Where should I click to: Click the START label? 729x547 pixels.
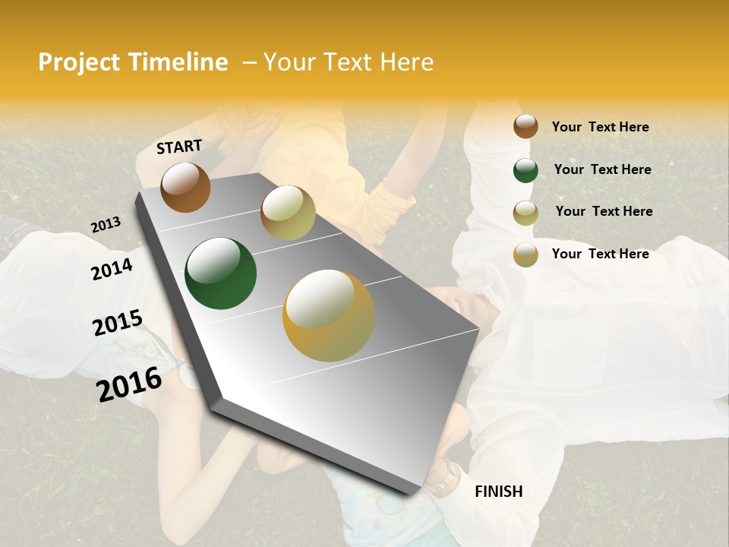(179, 147)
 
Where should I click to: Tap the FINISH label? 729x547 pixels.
(499, 492)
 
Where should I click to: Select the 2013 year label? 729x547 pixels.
(106, 225)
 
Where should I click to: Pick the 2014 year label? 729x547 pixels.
(112, 269)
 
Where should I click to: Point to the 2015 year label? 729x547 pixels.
(118, 323)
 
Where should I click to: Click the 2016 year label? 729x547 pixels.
(129, 384)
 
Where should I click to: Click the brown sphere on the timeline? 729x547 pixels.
(185, 188)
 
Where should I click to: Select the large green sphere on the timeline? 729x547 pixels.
(220, 273)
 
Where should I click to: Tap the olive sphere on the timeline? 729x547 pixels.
(288, 213)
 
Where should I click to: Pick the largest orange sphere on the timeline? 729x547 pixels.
(329, 315)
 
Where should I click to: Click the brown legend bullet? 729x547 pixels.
(525, 126)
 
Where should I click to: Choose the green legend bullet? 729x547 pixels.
(525, 170)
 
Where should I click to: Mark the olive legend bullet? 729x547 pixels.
(525, 212)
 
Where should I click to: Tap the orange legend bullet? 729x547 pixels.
(525, 255)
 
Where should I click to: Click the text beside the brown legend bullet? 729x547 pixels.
(600, 127)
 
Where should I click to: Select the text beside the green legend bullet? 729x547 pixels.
(602, 169)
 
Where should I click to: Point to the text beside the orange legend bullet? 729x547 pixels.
(600, 254)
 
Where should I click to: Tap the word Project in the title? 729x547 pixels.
(79, 62)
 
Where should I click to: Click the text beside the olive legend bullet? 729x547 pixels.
(604, 211)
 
